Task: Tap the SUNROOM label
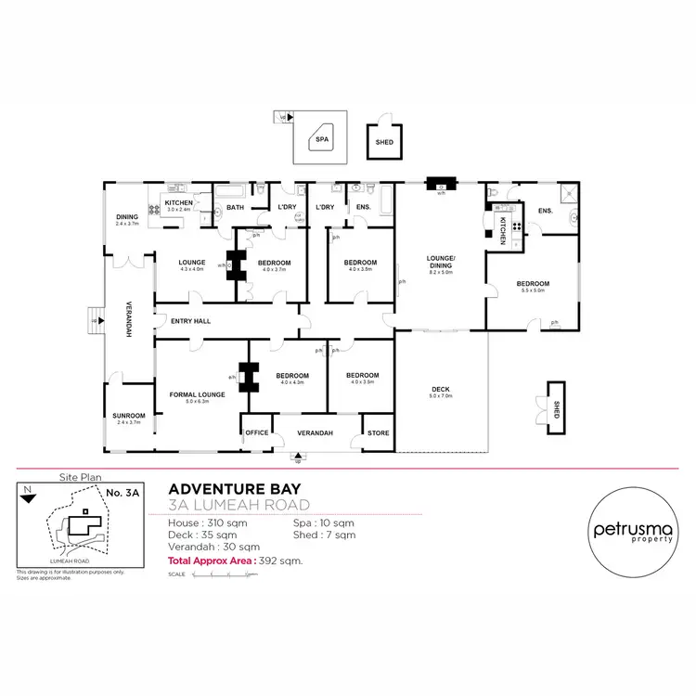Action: (127, 415)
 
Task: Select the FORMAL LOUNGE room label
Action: (198, 394)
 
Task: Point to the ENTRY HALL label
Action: (191, 321)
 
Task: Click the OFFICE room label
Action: (256, 432)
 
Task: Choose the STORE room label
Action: (378, 432)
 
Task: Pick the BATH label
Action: (235, 207)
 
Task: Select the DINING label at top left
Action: (126, 217)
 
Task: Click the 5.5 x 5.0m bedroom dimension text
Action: (533, 290)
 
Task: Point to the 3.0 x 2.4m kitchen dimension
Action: (178, 210)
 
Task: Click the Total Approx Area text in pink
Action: (235, 561)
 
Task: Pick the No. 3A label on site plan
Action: (122, 493)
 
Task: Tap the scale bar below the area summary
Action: (220, 574)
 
